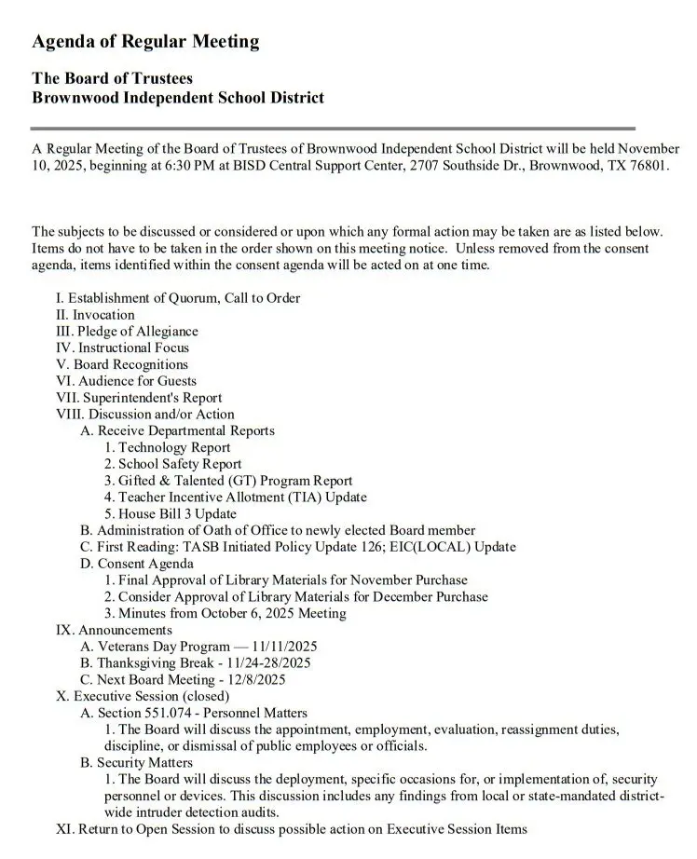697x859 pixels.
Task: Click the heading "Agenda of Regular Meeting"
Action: [x=145, y=42]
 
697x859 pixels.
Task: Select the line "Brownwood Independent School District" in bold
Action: [x=178, y=97]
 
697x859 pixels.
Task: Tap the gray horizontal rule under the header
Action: [x=333, y=128]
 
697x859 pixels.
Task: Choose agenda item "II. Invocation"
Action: [x=95, y=315]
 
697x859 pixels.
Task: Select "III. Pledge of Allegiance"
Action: [x=127, y=332]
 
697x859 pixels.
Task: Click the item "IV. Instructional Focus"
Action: [x=122, y=348]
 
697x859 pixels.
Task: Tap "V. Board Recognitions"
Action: [x=122, y=364]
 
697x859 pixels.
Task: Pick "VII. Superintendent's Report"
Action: [x=139, y=398]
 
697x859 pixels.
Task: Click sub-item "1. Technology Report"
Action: [x=167, y=447]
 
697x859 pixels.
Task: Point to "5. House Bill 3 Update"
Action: [x=171, y=514]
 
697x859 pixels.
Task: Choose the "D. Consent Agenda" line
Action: [x=137, y=564]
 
